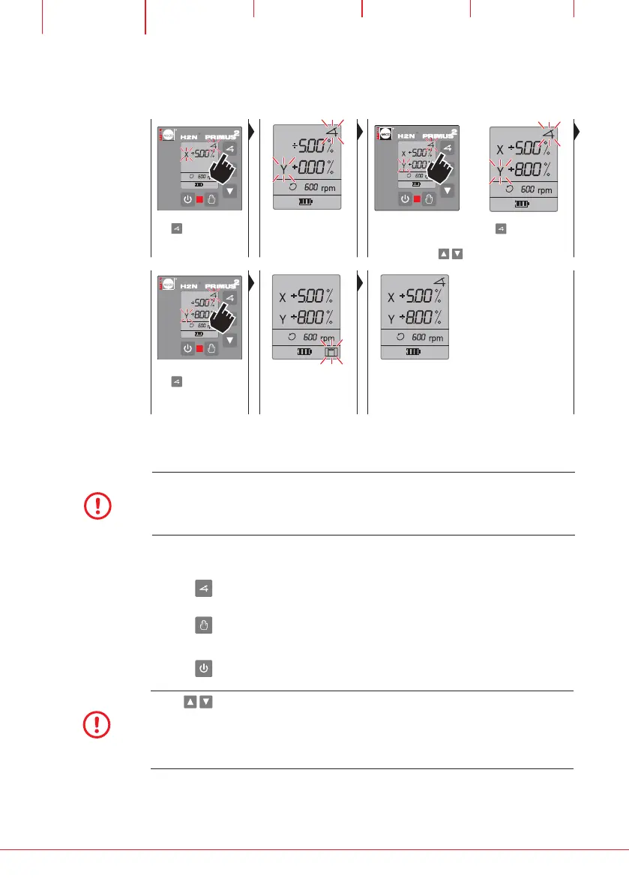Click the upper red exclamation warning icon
click(x=97, y=507)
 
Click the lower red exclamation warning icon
click(x=97, y=724)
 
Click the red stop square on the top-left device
click(x=199, y=199)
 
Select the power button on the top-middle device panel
click(x=404, y=199)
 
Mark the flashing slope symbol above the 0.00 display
click(x=331, y=130)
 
